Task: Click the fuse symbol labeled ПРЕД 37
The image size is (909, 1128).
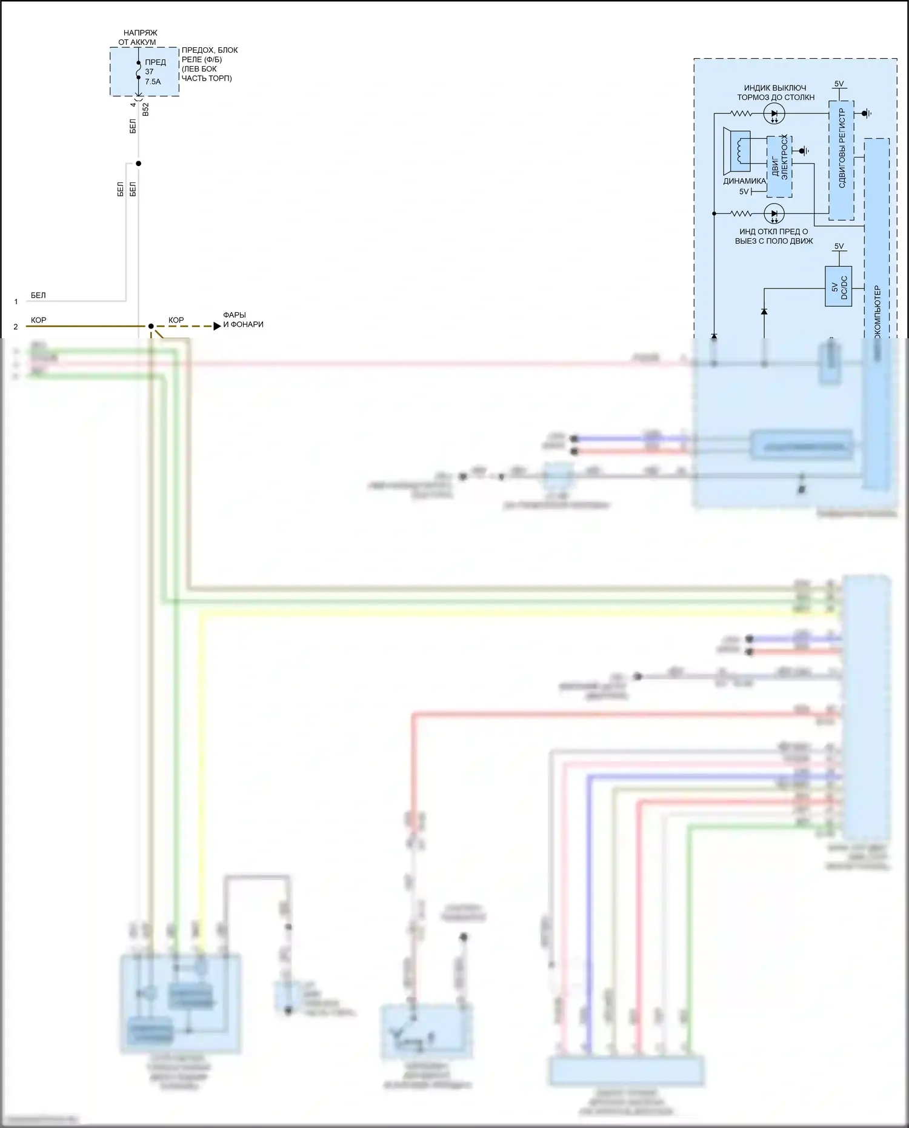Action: (x=139, y=70)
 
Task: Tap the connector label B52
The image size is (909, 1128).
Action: (x=145, y=110)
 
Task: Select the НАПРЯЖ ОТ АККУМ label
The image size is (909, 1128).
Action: (x=138, y=38)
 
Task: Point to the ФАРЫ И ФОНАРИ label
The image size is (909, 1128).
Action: (x=243, y=319)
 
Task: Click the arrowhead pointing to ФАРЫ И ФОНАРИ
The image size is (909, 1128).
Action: (x=217, y=326)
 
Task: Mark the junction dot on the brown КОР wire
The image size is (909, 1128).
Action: (x=151, y=326)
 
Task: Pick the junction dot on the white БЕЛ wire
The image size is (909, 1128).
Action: (x=138, y=164)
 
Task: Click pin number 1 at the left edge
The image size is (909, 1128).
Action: (x=16, y=301)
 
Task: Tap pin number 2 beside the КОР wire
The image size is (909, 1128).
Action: (x=16, y=327)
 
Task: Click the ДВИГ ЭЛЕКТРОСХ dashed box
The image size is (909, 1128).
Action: (x=779, y=167)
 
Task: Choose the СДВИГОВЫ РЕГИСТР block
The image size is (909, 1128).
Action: (x=841, y=161)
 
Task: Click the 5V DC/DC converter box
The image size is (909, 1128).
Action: (x=839, y=286)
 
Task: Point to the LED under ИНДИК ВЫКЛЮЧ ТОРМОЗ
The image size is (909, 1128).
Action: (x=774, y=113)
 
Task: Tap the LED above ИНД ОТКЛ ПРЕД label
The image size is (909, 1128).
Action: (x=774, y=213)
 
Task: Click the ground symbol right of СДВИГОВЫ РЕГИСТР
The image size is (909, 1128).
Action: (x=867, y=113)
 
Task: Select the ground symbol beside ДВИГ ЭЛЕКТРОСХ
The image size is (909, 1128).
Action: (x=804, y=150)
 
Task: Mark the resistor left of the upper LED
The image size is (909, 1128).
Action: (x=741, y=113)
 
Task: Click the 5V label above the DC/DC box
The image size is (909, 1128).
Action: (x=839, y=246)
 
